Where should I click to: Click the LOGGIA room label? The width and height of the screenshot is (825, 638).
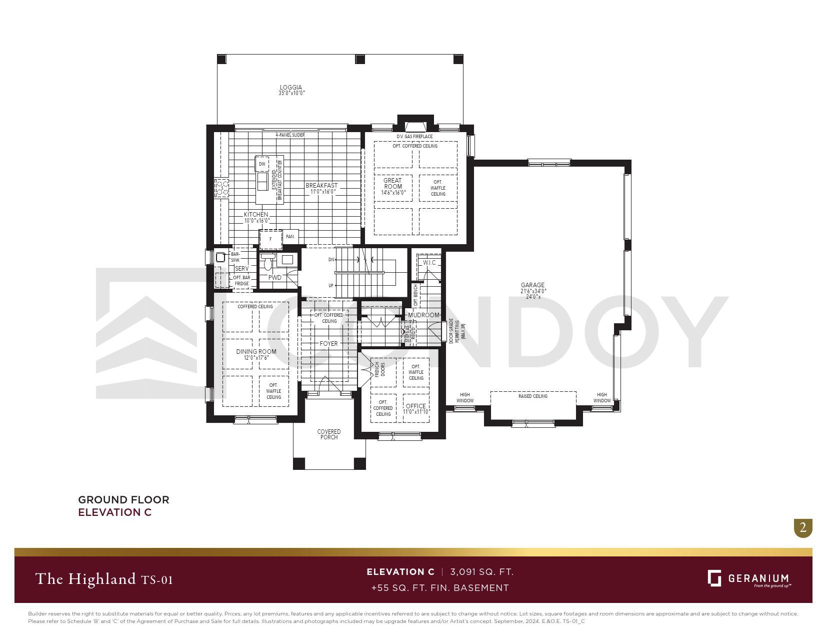tap(291, 88)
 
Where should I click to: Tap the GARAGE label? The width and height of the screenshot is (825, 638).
tap(532, 285)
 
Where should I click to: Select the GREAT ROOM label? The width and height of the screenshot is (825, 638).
tap(392, 184)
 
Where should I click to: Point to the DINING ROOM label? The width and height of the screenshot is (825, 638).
tap(256, 352)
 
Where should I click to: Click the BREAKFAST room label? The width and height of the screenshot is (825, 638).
tap(321, 186)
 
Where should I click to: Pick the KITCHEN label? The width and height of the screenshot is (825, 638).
tap(256, 215)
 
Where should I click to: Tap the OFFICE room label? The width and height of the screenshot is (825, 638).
tap(416, 406)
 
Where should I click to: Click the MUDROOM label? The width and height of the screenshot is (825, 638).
tap(423, 315)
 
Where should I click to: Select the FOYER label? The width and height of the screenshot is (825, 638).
tap(328, 344)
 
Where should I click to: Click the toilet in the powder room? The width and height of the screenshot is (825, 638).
tap(268, 263)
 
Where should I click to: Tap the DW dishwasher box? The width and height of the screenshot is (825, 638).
tap(262, 164)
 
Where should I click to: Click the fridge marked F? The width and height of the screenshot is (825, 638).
tap(270, 239)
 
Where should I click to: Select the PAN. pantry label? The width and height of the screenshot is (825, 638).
tap(290, 237)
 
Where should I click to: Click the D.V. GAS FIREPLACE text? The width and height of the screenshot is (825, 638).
tap(414, 137)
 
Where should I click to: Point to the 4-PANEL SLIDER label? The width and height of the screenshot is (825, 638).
tap(290, 135)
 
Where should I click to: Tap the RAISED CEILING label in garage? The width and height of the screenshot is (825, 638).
tap(532, 396)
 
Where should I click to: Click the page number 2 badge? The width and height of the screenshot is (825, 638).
tap(803, 527)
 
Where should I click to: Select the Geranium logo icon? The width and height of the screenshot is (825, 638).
tap(714, 578)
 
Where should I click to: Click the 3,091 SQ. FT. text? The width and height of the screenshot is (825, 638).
tap(481, 572)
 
